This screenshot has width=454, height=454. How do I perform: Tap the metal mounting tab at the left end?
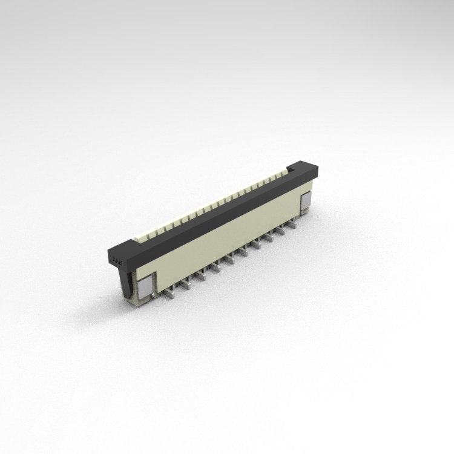coord(146,285)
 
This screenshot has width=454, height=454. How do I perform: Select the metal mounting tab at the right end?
coord(306,201)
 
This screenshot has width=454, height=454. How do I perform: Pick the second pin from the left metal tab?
coord(186,285)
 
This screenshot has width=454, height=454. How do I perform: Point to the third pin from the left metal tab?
coord(202,276)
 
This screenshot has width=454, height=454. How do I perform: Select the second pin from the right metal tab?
coord(282,231)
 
